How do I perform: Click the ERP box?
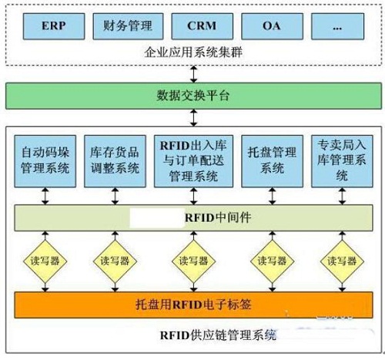pyautogui.click(x=54, y=26)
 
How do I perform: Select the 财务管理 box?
pyautogui.click(x=128, y=26)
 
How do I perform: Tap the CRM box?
pyautogui.click(x=203, y=26)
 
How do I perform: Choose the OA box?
pyautogui.click(x=272, y=26)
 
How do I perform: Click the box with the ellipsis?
pyautogui.click(x=337, y=26)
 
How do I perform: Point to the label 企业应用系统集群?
pyautogui.click(x=193, y=52)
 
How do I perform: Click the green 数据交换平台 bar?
pyautogui.click(x=193, y=96)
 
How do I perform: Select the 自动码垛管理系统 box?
pyautogui.click(x=45, y=161)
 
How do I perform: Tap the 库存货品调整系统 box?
pyautogui.click(x=115, y=161)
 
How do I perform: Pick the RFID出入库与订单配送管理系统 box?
pyautogui.click(x=193, y=161)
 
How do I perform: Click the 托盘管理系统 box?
pyautogui.click(x=272, y=161)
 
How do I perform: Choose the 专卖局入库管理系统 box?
pyautogui.click(x=342, y=161)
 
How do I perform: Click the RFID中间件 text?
pyautogui.click(x=218, y=218)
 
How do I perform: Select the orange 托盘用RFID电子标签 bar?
pyautogui.click(x=193, y=304)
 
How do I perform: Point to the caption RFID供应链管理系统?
pyautogui.click(x=218, y=335)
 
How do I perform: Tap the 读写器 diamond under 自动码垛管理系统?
pyautogui.click(x=45, y=261)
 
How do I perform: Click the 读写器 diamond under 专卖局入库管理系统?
pyautogui.click(x=342, y=261)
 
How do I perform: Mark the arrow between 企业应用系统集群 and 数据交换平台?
pyautogui.click(x=194, y=74)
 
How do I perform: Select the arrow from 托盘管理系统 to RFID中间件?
pyautogui.click(x=272, y=196)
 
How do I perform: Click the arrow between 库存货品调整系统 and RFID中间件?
pyautogui.click(x=115, y=196)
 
